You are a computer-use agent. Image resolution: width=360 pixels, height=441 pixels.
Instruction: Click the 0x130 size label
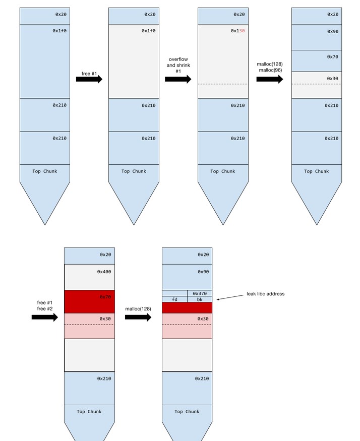[237, 31]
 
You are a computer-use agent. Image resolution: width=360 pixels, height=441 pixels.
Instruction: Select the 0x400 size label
[105, 272]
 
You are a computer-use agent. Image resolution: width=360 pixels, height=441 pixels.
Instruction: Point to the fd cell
[174, 299]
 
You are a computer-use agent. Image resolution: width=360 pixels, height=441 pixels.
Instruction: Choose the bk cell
[200, 299]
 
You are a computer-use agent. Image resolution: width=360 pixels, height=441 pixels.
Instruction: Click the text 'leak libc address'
[265, 293]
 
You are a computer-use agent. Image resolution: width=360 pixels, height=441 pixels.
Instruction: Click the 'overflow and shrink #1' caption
[178, 65]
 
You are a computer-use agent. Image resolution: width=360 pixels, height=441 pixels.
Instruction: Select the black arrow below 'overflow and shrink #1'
[178, 79]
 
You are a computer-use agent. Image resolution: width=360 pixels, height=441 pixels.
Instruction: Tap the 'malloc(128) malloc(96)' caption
[270, 67]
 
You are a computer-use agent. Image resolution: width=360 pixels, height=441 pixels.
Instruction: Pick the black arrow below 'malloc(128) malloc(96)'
[270, 79]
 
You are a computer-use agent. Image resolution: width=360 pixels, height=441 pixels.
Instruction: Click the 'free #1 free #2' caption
[45, 305]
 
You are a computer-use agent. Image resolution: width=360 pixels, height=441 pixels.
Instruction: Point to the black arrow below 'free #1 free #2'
[45, 317]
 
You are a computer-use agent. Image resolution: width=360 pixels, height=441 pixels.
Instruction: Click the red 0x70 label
[105, 297]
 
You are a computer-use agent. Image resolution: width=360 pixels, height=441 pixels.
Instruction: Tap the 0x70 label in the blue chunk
[332, 57]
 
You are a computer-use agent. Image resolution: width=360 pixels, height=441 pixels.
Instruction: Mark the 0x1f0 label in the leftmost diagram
[59, 31]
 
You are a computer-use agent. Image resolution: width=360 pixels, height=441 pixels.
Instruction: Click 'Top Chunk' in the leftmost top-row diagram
[45, 171]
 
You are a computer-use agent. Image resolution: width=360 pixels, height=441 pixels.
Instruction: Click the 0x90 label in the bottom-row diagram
[203, 272]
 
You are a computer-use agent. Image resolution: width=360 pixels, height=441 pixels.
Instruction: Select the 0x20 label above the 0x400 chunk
[105, 255]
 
